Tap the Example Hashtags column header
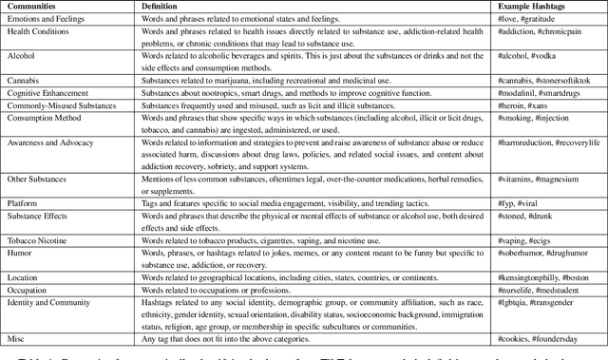click(x=531, y=6)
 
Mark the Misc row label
click(x=15, y=337)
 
